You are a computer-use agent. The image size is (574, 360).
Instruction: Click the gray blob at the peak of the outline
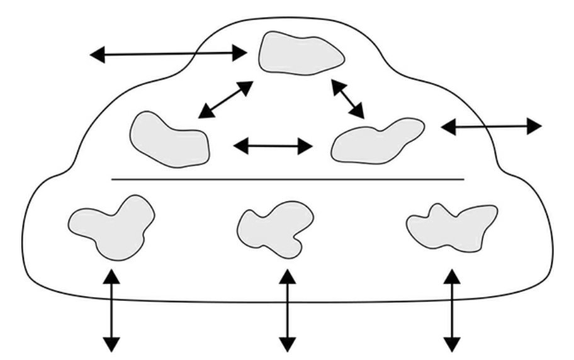301,54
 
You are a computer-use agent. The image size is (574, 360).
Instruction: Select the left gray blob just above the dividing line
168,140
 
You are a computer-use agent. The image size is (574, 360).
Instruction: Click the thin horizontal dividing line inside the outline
288,179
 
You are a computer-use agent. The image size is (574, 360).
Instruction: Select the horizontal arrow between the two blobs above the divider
273,147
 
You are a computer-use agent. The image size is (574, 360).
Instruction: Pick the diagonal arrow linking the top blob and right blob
348,99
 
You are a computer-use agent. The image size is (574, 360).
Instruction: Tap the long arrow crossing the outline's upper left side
169,55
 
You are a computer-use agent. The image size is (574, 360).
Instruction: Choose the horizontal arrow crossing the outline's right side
491,127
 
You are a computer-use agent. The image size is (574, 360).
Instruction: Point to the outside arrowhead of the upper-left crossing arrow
98,55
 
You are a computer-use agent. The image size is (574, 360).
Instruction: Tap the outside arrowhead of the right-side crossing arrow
534,126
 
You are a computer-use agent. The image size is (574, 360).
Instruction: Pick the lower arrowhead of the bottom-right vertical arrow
452,344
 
